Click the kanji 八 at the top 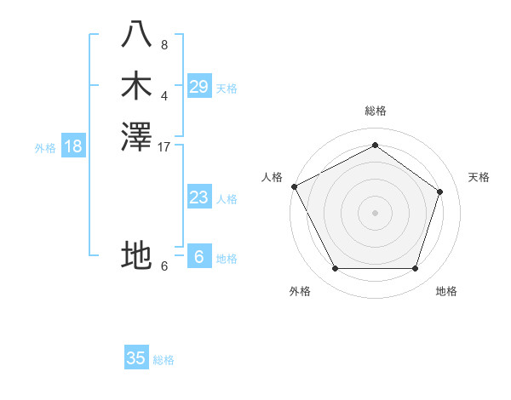(x=137, y=35)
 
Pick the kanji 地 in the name (x=137, y=254)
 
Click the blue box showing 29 (x=199, y=87)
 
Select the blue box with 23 (x=199, y=197)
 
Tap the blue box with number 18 (x=73, y=146)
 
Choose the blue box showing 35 (x=136, y=358)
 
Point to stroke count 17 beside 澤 (x=164, y=147)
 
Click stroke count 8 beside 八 (x=164, y=44)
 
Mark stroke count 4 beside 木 (x=164, y=95)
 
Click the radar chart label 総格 (x=375, y=111)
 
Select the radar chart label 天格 (x=479, y=177)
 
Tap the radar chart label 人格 (x=272, y=177)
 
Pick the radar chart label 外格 (x=300, y=292)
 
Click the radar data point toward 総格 (x=375, y=145)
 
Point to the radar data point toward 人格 (x=294, y=186)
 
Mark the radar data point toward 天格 (x=440, y=191)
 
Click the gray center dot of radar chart (x=375, y=212)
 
